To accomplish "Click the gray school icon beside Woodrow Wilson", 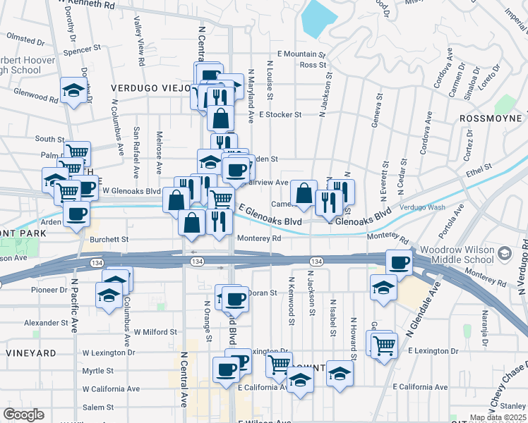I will [505, 253].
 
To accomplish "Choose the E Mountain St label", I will [301, 54].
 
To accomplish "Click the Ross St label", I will [311, 65].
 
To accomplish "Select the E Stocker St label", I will [280, 114].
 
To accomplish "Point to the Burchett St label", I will [109, 240].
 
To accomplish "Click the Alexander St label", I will [46, 322].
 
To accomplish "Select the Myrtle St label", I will [98, 371].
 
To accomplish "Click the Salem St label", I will [97, 407].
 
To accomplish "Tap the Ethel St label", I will [476, 171].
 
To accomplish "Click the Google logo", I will [23, 415].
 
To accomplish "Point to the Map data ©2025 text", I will [498, 418].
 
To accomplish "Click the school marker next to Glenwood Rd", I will [73, 90].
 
